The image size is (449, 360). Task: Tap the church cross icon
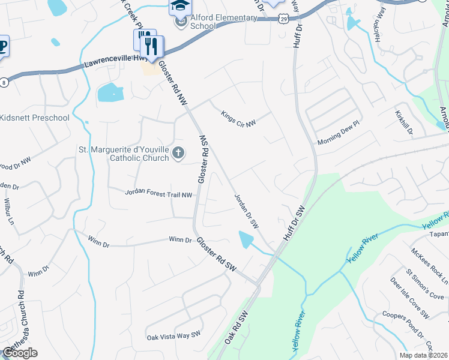[178, 154]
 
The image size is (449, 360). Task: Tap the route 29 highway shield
[282, 20]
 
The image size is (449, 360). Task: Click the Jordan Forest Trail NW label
[158, 194]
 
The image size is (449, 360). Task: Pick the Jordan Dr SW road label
[246, 211]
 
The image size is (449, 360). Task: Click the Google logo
[20, 353]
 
